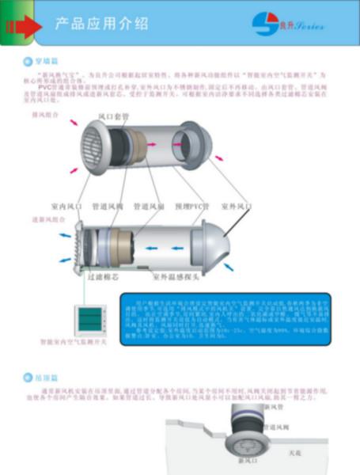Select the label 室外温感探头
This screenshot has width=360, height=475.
coord(178,279)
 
